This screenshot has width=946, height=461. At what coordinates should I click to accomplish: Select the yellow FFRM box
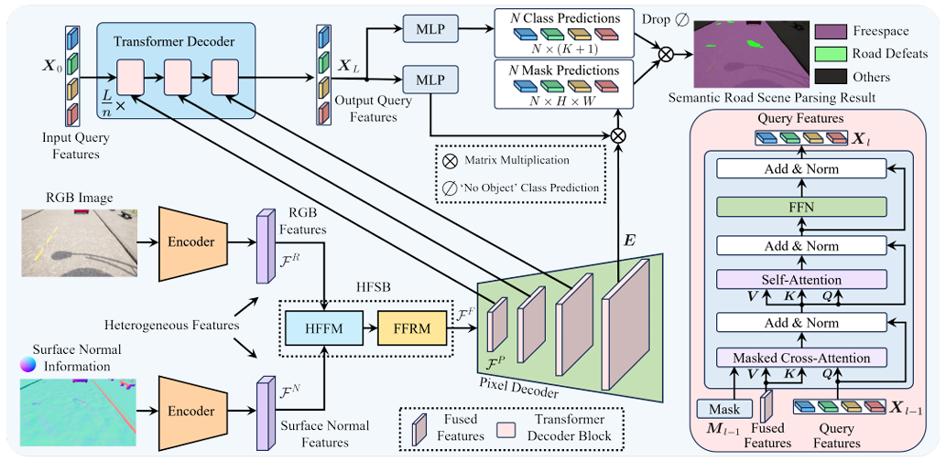[409, 325]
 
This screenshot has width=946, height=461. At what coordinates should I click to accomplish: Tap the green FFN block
[802, 208]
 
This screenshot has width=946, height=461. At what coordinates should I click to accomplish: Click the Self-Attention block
[802, 278]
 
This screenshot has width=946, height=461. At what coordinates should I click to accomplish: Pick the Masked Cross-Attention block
[802, 357]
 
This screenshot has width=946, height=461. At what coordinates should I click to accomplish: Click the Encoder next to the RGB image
[190, 242]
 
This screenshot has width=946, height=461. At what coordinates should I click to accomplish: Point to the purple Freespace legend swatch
[832, 32]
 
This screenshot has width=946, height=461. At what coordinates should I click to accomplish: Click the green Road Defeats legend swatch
[832, 54]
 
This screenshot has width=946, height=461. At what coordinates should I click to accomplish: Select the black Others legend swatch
[832, 77]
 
